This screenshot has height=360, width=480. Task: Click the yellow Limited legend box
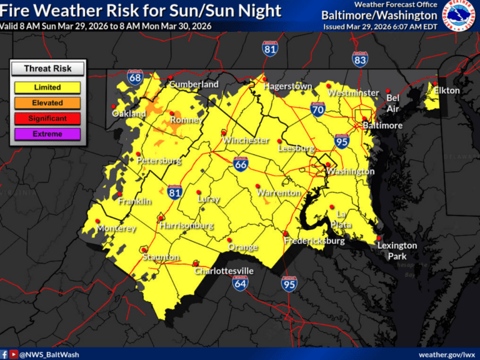[x=47, y=87]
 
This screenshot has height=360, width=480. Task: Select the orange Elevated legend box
[x=47, y=103]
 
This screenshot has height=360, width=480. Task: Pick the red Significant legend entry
[x=47, y=118]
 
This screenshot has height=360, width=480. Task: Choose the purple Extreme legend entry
[x=47, y=134]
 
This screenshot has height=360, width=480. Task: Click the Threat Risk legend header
[x=47, y=69]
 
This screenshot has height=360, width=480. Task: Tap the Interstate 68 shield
[x=135, y=77]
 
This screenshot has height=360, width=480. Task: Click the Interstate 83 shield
[x=360, y=59]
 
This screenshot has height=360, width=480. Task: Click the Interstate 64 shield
[x=240, y=283]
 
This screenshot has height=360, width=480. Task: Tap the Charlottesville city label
[x=224, y=271]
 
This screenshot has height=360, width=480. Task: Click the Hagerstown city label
[x=287, y=86]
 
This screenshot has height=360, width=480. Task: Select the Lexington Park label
[x=397, y=251]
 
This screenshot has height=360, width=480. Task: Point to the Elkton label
[x=447, y=91]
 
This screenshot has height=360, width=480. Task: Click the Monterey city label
[x=116, y=229]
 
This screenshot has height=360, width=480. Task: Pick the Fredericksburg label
[x=314, y=241]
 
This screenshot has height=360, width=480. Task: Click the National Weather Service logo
[x=459, y=15]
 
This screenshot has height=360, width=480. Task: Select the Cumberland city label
[x=194, y=84]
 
